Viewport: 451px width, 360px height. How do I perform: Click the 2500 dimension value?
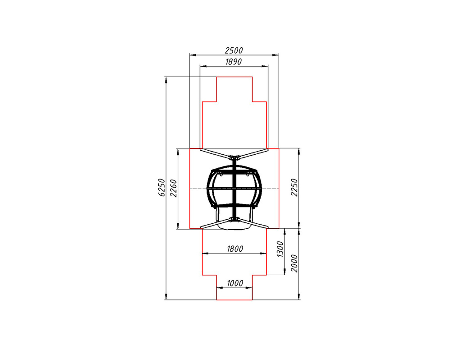[x=234, y=51]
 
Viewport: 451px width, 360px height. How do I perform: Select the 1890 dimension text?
[x=234, y=62]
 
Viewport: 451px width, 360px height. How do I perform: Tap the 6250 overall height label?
[x=162, y=188]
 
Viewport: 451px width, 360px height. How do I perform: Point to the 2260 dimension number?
[x=174, y=188]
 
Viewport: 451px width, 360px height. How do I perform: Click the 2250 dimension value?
[x=294, y=187]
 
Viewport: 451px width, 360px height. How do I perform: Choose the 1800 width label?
[x=235, y=249]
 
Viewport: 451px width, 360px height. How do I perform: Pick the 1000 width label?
[x=235, y=283]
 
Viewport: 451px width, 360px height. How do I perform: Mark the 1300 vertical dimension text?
[x=280, y=249]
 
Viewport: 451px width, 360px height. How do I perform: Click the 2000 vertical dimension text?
[x=294, y=263]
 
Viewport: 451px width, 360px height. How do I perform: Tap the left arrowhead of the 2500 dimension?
[x=193, y=55]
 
